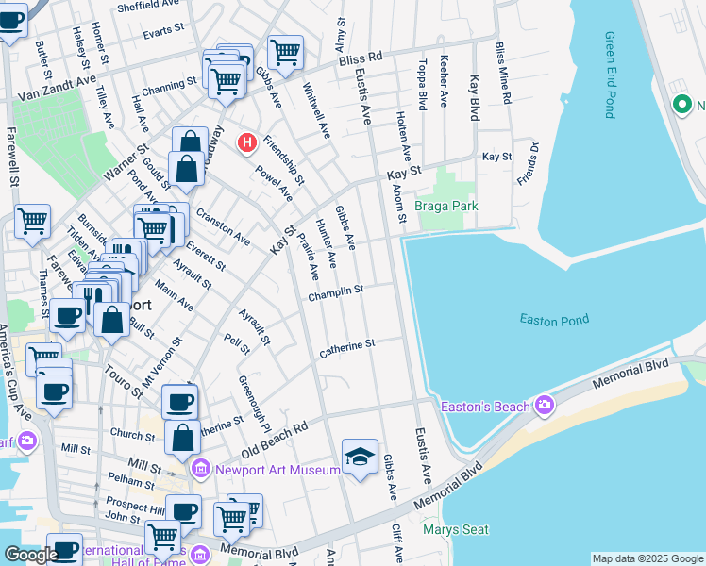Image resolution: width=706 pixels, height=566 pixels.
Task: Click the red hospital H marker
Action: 247,142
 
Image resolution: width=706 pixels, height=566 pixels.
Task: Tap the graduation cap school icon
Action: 359,458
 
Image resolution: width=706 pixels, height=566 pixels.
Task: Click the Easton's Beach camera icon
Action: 544,406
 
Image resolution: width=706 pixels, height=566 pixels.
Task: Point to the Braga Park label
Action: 447,206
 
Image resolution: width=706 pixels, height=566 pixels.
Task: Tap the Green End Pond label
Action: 609,75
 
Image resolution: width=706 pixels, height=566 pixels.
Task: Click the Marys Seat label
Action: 455,529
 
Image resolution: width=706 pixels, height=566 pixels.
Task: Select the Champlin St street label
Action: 335,293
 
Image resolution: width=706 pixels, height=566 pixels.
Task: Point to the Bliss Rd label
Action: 360,58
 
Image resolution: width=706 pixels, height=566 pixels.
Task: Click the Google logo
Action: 31,555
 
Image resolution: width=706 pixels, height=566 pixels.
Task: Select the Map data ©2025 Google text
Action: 647,558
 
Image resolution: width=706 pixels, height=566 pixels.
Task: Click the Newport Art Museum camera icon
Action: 200,469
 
